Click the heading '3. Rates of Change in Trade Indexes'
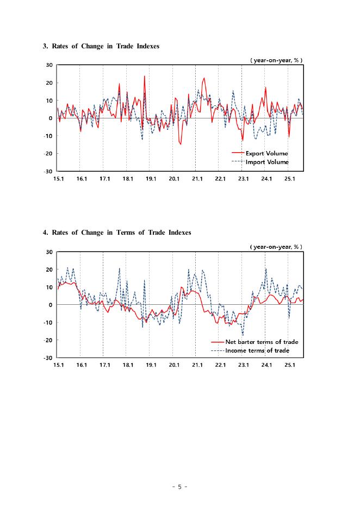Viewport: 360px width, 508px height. pyautogui.click(x=101, y=46)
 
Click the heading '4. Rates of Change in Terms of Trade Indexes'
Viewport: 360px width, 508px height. pyautogui.click(x=117, y=233)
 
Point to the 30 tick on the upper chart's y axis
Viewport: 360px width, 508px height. pyautogui.click(x=49, y=65)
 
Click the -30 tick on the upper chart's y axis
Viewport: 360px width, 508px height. pyautogui.click(x=48, y=171)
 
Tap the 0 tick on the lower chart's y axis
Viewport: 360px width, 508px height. pyautogui.click(x=51, y=305)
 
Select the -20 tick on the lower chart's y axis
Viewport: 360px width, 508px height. pyautogui.click(x=48, y=340)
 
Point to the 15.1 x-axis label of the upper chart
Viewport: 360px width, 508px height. pyautogui.click(x=58, y=179)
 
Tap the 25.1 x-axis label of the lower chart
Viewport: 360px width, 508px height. pyautogui.click(x=290, y=366)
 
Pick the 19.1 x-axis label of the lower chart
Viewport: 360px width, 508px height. pyautogui.click(x=151, y=366)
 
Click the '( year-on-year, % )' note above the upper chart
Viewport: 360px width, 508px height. pyautogui.click(x=276, y=60)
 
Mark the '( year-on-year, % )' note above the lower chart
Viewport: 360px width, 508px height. pyautogui.click(x=276, y=247)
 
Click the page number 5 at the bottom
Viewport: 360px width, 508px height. pyautogui.click(x=179, y=487)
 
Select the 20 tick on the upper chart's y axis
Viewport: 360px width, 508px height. pyautogui.click(x=49, y=83)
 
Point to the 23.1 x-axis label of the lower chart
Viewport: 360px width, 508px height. pyautogui.click(x=244, y=366)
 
